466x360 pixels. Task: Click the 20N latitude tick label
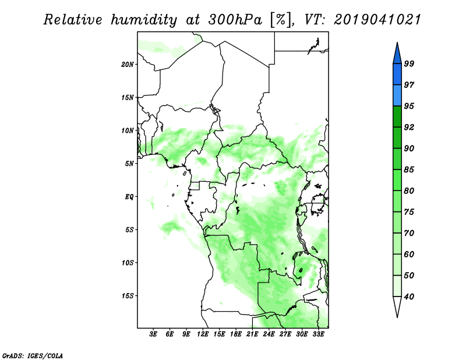click(x=128, y=64)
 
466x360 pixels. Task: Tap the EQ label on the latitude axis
click(x=129, y=197)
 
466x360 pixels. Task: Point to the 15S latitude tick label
click(x=128, y=296)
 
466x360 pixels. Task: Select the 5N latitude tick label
click(x=129, y=164)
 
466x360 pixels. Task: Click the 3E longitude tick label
click(x=153, y=334)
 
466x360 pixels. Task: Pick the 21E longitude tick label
click(x=252, y=334)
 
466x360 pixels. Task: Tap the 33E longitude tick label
click(x=318, y=334)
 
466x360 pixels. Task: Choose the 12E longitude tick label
click(x=203, y=334)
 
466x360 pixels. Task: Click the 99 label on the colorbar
click(x=409, y=63)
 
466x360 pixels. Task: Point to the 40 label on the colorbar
click(x=409, y=297)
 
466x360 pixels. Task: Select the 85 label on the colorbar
click(x=409, y=170)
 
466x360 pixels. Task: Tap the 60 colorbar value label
click(x=409, y=254)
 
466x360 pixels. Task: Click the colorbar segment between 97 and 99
click(x=397, y=75)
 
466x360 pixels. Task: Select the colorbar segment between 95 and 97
click(x=397, y=96)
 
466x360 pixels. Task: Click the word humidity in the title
click(x=144, y=20)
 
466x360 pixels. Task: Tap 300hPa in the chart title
click(x=235, y=20)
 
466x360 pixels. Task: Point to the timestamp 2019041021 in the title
click(x=377, y=20)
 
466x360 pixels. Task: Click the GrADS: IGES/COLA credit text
click(x=33, y=355)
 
